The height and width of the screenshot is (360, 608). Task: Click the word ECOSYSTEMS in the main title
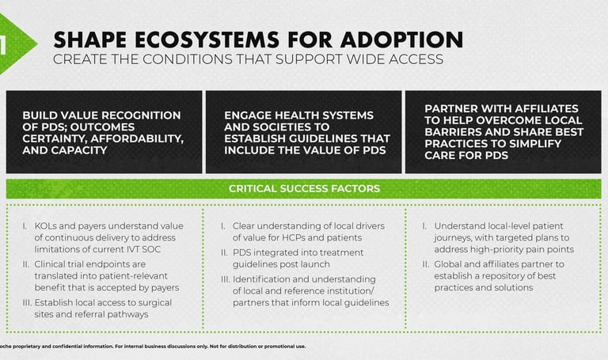207,40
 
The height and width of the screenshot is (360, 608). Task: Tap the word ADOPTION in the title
401,40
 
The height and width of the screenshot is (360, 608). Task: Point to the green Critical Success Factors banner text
304,189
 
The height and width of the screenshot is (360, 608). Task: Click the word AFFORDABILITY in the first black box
136,138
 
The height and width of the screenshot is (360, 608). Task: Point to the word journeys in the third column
452,238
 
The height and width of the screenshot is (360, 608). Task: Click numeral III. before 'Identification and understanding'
226,279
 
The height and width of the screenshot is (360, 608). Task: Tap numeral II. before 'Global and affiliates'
426,264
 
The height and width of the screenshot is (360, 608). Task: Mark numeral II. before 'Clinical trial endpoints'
26,264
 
